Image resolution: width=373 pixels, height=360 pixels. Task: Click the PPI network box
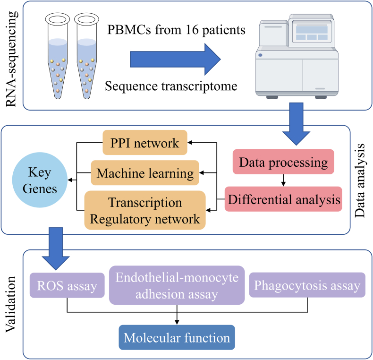[145, 142]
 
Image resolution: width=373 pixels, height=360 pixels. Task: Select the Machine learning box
[145, 172]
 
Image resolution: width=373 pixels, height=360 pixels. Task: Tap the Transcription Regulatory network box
[145, 210]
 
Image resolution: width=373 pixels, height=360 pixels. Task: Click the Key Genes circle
[40, 180]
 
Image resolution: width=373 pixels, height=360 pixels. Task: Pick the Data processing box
[283, 162]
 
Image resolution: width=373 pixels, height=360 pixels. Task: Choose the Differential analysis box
[283, 199]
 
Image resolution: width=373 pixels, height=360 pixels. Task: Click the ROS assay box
[67, 285]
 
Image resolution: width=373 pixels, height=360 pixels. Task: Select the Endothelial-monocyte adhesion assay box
[177, 285]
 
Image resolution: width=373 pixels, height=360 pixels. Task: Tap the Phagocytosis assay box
[307, 285]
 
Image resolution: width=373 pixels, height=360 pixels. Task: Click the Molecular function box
[177, 337]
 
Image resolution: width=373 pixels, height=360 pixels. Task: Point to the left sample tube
[58, 56]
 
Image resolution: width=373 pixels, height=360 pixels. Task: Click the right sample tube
[86, 56]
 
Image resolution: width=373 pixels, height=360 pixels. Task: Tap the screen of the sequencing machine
[312, 32]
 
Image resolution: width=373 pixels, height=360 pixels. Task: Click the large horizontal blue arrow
[175, 59]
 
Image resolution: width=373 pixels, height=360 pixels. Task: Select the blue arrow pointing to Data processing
[296, 124]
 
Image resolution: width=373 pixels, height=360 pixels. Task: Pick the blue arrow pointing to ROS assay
[56, 249]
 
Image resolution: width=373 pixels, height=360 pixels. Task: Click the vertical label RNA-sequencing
[11, 59]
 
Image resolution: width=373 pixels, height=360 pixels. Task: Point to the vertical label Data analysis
[359, 180]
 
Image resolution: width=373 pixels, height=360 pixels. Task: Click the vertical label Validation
[11, 305]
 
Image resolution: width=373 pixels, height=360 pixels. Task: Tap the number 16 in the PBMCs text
[192, 30]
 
